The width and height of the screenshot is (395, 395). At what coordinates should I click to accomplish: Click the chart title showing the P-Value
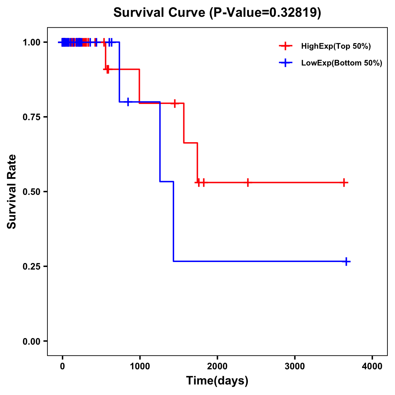pos(217,13)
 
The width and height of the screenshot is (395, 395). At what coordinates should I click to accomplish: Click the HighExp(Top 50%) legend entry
pos(336,46)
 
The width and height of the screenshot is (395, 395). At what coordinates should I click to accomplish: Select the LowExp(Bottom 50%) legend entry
pos(341,63)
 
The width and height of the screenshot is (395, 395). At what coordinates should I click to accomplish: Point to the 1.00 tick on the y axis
pos(31,42)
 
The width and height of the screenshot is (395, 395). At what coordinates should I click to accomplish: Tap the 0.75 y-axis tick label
pos(31,117)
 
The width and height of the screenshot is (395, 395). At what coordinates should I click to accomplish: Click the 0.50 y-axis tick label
pos(31,192)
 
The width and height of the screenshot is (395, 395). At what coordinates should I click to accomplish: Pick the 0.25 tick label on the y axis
pos(31,267)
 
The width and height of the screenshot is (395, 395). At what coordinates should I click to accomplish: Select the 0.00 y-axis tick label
pos(31,341)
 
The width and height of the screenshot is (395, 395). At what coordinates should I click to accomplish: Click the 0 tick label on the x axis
pos(62,366)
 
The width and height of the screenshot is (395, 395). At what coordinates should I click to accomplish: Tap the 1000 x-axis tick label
pos(140,366)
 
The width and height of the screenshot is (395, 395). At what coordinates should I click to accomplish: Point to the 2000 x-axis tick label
pos(217,366)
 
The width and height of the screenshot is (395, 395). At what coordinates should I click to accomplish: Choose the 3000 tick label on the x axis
pos(295,366)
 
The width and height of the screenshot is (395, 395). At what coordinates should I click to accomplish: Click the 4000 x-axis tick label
pos(372,366)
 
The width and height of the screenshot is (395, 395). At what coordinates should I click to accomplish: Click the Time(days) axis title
pos(217,381)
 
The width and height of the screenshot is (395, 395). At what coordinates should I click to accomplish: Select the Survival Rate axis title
pos(12,192)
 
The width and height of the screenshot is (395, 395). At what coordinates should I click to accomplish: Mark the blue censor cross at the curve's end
pos(346,262)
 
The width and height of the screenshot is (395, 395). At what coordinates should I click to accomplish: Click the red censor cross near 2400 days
pos(248,182)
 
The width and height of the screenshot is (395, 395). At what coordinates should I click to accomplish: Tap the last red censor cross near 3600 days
pos(344,182)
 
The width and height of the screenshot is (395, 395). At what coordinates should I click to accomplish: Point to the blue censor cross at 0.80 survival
pos(128,102)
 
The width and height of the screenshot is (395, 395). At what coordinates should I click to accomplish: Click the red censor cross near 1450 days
pos(175,103)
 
